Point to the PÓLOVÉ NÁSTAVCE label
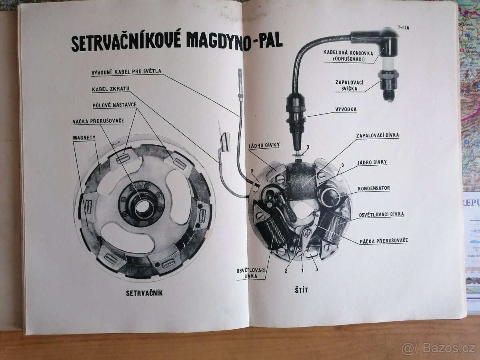click(115, 105)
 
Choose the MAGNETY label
click(84, 138)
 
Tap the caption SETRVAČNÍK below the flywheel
click(144, 293)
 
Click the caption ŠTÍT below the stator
click(302, 290)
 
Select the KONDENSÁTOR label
click(374, 188)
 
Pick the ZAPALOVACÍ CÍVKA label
click(377, 135)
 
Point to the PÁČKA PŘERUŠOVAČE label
click(384, 240)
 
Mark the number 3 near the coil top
click(308, 146)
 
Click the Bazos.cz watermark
click(440, 349)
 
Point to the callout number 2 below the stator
click(286, 271)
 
